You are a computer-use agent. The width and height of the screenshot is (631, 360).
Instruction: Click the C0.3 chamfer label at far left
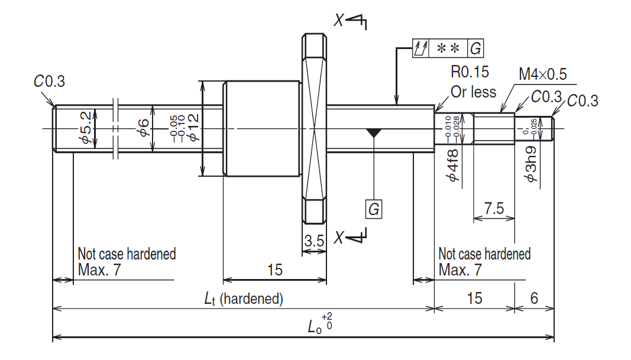click(49, 82)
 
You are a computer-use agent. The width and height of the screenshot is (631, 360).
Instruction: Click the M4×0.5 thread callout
click(542, 74)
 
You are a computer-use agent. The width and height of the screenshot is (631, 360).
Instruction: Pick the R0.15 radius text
click(470, 73)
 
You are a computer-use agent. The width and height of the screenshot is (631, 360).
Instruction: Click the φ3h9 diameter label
click(531, 164)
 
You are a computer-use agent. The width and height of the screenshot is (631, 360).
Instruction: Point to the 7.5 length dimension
click(494, 209)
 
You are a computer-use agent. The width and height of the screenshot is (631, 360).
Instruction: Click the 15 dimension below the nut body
click(274, 270)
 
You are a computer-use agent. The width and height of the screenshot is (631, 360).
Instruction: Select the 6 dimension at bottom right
click(533, 298)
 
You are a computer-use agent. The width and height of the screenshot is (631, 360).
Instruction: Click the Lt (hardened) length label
click(243, 299)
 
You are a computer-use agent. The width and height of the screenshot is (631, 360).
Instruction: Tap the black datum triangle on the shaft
click(373, 133)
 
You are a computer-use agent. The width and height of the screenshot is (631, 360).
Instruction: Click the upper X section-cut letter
click(339, 21)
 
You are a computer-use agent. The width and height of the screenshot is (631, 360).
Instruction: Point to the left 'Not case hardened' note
click(127, 254)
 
